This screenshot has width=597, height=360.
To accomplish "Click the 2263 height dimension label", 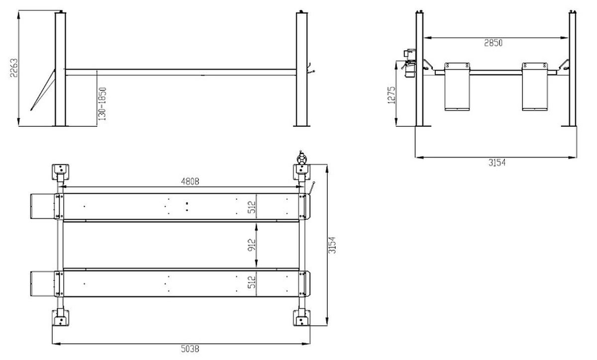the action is pos(14,68).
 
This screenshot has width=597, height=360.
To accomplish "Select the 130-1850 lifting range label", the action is pos(102,104).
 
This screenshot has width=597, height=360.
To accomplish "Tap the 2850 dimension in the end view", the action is pos(493,43).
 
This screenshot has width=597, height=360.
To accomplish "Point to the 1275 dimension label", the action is pos(391,95).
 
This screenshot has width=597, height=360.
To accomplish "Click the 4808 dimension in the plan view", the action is pos(190,181).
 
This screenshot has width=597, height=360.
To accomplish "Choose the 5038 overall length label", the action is pos(190,349).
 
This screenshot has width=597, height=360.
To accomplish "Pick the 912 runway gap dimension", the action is pos(252,245).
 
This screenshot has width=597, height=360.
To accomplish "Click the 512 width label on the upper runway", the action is pos(252,207).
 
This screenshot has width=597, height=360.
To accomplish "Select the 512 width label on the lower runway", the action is pos(252,282).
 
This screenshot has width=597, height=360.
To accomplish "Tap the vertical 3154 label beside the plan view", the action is pos(332,245).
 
